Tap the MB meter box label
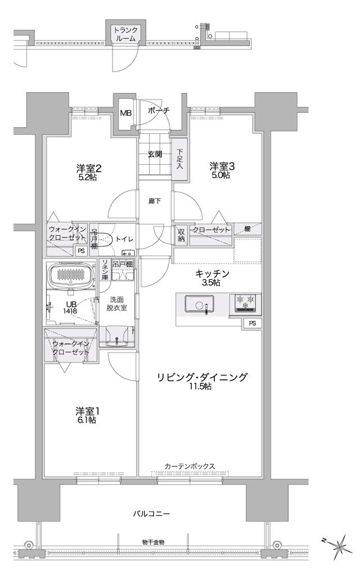(126, 112)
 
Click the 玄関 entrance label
(155, 154)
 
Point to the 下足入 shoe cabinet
(180, 160)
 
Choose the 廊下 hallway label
(155, 200)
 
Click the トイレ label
(124, 239)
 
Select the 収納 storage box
(182, 234)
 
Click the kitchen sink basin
(200, 306)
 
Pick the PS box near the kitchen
(252, 323)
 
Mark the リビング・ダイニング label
(202, 377)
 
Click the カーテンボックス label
(190, 466)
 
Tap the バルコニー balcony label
(151, 513)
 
